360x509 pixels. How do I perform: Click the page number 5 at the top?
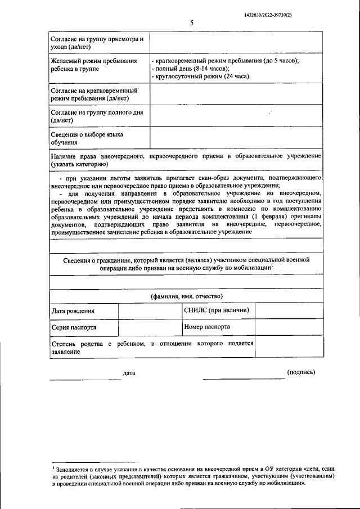click(191, 23)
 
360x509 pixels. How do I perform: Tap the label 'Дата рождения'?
click(73, 310)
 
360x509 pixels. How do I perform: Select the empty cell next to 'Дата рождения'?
click(150, 310)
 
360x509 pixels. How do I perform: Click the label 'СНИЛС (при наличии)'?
click(217, 310)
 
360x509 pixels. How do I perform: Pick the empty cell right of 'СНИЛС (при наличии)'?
click(289, 310)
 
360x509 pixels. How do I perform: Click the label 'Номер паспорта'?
click(206, 326)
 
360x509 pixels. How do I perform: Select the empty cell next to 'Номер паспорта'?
click(289, 326)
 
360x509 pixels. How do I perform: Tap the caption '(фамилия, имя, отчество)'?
click(186, 296)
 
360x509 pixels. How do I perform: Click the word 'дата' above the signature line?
click(129, 372)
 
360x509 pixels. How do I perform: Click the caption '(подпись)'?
click(301, 372)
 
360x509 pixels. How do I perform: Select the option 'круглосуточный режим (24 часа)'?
click(201, 76)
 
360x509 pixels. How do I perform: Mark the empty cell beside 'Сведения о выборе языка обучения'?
click(236, 138)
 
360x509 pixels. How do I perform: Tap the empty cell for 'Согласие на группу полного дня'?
click(236, 116)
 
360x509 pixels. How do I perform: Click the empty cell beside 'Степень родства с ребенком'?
click(289, 346)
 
